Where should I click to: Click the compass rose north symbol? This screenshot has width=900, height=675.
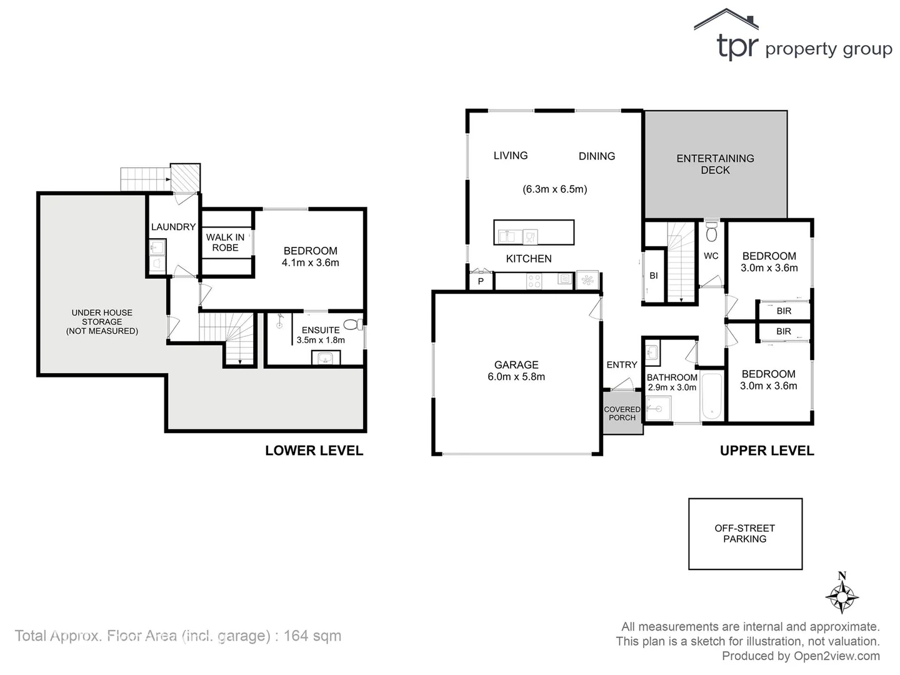(842, 596)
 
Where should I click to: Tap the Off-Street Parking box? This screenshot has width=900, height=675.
(744, 534)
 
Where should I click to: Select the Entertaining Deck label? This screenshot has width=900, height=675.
(715, 164)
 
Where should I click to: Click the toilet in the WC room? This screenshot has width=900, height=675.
(711, 232)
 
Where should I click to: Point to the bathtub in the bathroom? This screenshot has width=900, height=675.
(711, 396)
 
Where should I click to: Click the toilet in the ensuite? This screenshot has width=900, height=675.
(354, 324)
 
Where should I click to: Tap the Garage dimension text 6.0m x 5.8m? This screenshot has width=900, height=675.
(516, 377)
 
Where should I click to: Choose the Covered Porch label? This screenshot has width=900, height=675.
(622, 414)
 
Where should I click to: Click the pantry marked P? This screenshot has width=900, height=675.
(481, 282)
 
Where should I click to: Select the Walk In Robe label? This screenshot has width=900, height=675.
(225, 242)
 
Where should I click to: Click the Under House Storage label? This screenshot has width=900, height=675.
(102, 322)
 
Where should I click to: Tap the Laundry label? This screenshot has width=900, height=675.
(173, 227)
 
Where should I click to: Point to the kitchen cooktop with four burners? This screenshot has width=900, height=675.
(534, 281)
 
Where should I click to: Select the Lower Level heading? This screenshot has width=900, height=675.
(314, 451)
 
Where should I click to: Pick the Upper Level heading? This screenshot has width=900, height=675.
(766, 451)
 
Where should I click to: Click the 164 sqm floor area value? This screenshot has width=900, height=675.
(312, 636)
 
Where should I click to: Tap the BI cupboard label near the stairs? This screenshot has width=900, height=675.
(653, 276)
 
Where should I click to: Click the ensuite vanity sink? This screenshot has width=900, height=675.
(325, 358)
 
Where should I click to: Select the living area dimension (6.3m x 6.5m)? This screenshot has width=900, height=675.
(554, 189)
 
